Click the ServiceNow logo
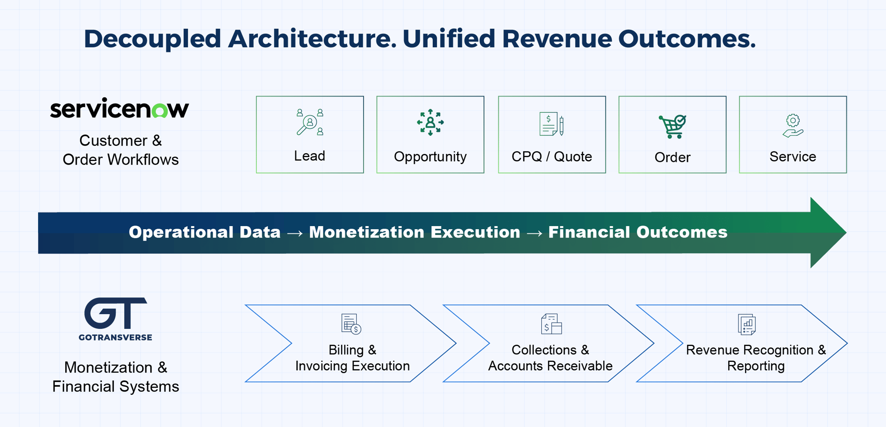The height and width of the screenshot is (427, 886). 119,108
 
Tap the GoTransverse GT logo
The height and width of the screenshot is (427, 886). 116,319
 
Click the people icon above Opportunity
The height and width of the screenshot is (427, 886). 430,122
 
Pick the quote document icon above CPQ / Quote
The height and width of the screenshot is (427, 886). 552,124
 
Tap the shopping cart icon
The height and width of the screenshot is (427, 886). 672,127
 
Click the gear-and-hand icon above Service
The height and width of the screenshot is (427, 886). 793,126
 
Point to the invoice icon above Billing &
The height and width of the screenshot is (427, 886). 351,324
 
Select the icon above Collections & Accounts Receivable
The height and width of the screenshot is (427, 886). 552,324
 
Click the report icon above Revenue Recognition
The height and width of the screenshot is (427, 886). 747,324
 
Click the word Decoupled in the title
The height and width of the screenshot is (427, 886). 152,39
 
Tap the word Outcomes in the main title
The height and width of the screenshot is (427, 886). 687,39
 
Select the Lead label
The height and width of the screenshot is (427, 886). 310,156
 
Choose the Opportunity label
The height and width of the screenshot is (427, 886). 430,157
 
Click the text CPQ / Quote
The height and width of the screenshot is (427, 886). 552,156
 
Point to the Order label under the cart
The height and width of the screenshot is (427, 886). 672,157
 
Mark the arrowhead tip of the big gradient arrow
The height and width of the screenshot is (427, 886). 846,232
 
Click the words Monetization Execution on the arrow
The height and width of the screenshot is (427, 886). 415,232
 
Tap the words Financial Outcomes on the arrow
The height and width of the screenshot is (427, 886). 638,232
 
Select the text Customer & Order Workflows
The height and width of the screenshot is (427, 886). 120,150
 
